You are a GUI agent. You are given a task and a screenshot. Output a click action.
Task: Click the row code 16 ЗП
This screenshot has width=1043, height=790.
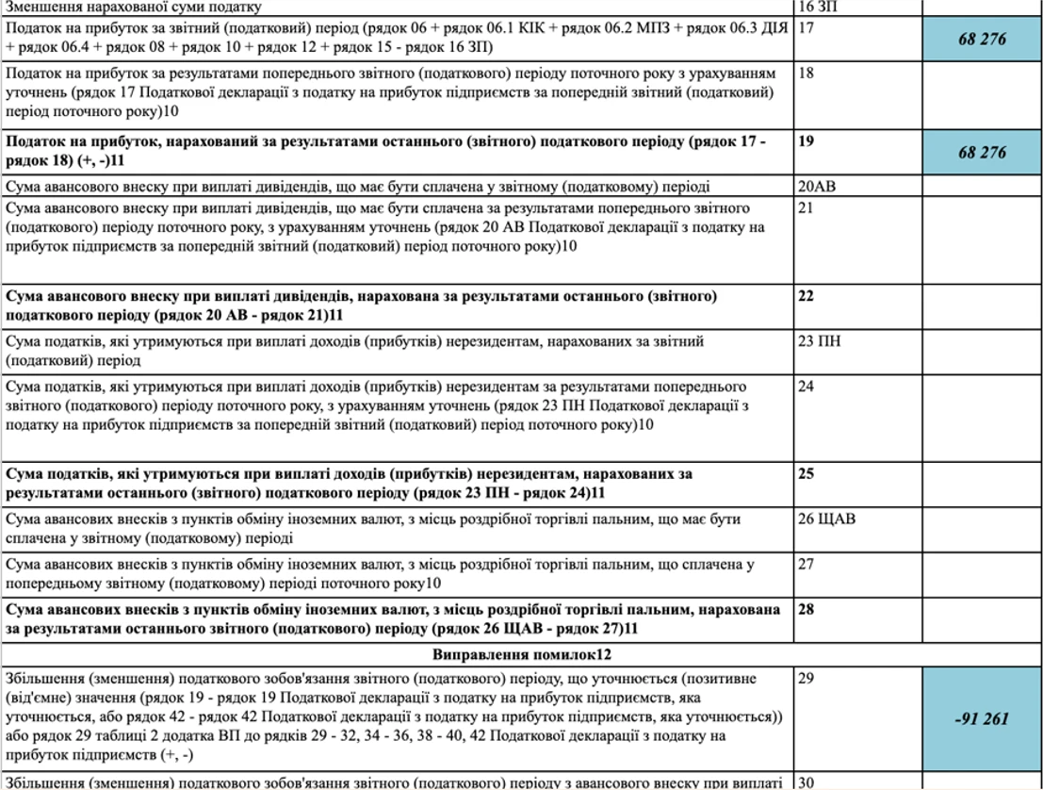point(816,7)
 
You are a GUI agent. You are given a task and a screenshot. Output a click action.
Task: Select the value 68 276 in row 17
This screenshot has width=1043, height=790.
point(982,40)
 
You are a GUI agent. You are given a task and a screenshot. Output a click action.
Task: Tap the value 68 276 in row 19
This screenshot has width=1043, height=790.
point(982,153)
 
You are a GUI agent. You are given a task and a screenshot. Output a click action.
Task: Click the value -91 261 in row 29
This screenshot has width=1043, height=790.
point(982,718)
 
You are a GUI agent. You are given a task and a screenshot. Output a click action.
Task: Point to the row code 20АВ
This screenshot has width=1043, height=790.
point(817,187)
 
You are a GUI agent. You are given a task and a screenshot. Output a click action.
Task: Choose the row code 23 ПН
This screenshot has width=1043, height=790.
point(817,341)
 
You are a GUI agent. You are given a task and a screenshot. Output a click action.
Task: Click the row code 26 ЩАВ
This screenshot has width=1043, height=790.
point(826,518)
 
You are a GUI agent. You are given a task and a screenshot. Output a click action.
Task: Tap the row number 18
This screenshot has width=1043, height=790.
point(806,74)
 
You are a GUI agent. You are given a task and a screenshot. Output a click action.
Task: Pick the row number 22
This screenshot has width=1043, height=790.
point(806,296)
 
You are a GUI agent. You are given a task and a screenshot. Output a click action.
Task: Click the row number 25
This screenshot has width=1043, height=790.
point(806,473)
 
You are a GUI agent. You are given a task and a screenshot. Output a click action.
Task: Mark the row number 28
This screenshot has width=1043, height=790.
point(806,609)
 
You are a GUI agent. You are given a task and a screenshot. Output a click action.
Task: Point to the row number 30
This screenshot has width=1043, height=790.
point(806,782)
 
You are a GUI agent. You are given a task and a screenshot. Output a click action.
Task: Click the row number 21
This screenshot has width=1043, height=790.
point(806,207)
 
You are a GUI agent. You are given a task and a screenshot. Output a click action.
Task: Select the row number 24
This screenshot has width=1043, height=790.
point(806,387)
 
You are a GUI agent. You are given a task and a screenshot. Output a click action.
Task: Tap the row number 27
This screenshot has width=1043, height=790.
point(806,564)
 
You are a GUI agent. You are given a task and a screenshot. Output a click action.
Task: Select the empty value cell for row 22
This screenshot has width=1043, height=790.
point(982,305)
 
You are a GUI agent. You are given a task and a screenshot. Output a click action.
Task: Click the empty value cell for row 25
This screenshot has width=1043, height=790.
point(982,484)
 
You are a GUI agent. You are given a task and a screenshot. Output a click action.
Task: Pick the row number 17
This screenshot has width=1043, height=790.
point(806,28)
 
